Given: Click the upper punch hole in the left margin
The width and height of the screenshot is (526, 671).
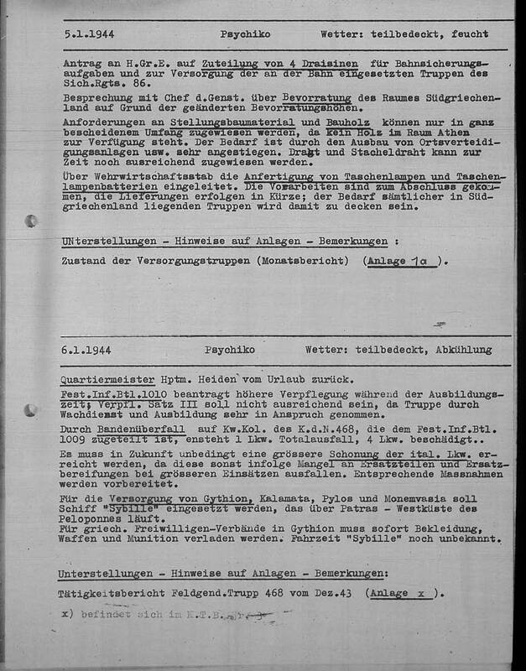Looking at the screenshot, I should [32, 221].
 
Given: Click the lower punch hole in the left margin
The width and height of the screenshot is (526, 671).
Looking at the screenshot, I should [32, 411].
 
